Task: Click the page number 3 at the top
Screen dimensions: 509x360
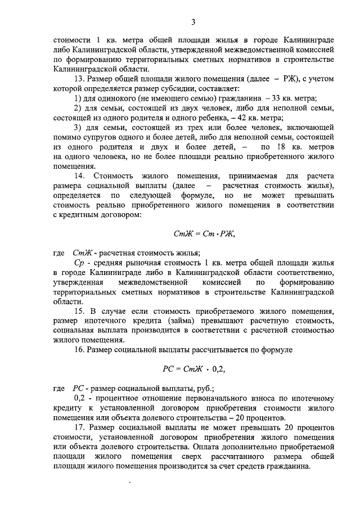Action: tap(192, 22)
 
